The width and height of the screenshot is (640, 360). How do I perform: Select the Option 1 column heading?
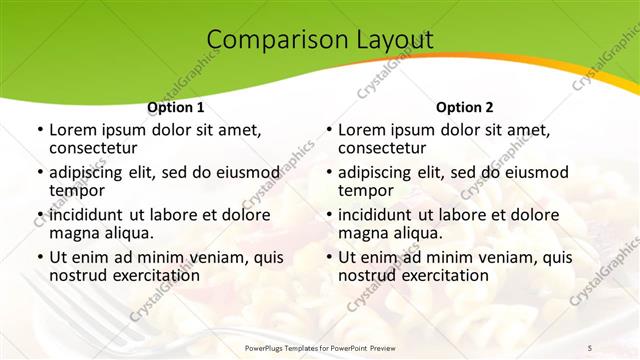pyautogui.click(x=176, y=107)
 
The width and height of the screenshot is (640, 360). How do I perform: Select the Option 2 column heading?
pyautogui.click(x=465, y=107)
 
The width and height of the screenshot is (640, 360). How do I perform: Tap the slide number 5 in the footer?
pyautogui.click(x=589, y=347)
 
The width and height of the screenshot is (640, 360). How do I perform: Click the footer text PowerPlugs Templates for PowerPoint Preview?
pyautogui.click(x=319, y=347)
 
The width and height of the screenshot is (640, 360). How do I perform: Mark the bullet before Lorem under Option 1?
pyautogui.click(x=39, y=130)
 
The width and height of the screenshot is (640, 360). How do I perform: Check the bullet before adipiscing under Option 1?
pyautogui.click(x=39, y=173)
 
